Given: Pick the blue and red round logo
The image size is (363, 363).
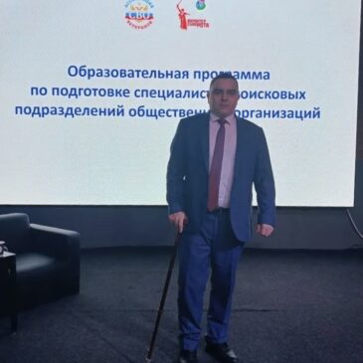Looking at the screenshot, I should point(139,14).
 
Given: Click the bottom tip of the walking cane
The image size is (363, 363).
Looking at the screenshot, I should point(148,357).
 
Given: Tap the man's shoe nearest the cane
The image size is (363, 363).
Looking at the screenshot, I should point(186,353).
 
